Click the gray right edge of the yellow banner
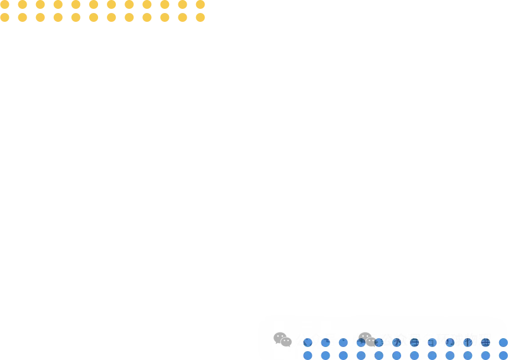(x=207, y=11)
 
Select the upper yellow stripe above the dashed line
(x=103, y=4)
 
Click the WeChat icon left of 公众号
(x=282, y=340)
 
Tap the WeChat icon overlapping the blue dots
(x=367, y=339)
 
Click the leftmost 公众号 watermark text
(x=316, y=341)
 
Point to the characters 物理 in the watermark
(x=477, y=341)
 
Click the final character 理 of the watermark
(x=485, y=341)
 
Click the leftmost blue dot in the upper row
(x=308, y=343)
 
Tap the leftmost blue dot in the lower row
(x=308, y=355)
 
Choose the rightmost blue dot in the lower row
(x=503, y=355)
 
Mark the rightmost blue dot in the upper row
(x=503, y=343)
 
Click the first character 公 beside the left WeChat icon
(x=302, y=341)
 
